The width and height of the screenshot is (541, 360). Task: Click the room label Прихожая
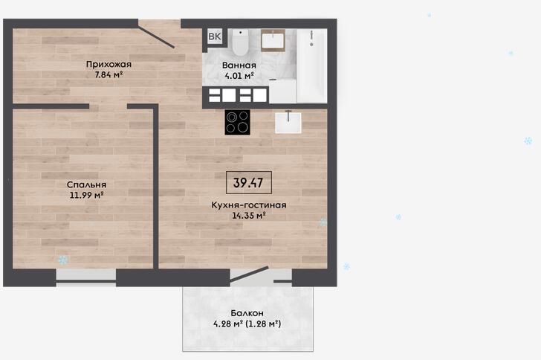(108, 64)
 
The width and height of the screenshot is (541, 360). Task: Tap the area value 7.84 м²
(109, 74)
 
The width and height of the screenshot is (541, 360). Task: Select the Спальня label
(87, 184)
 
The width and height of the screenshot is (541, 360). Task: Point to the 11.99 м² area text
(87, 195)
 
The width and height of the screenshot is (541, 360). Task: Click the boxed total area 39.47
(248, 182)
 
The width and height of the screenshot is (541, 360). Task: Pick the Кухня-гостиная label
(249, 205)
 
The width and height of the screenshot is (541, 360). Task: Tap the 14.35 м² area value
(249, 216)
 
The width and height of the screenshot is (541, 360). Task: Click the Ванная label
(239, 65)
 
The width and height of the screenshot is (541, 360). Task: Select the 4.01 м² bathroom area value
(239, 76)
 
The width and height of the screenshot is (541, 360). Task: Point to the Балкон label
(247, 313)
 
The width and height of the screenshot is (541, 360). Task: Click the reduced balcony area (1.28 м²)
(264, 324)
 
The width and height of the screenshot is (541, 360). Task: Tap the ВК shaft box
(215, 36)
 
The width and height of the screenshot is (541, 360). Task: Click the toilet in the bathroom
(240, 42)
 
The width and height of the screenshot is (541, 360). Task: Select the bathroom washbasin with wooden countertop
(273, 40)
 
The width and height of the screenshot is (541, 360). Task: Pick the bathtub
(311, 65)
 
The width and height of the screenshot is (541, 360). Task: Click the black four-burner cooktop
(237, 122)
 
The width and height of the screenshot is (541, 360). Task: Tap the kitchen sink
(288, 122)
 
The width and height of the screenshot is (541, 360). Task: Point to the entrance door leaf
(157, 34)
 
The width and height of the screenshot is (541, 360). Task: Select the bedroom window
(86, 277)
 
